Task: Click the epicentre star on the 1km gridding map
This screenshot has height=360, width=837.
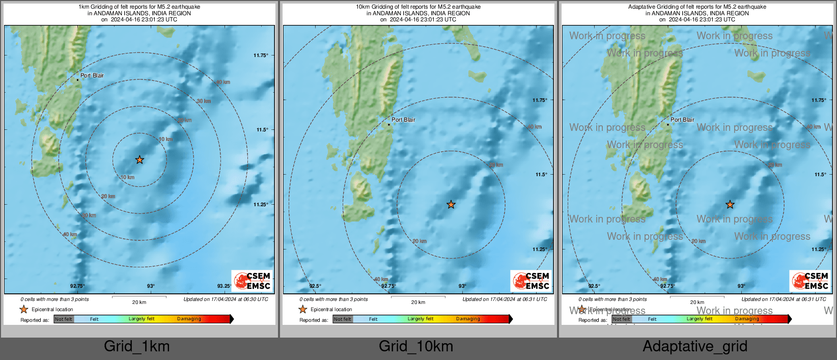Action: point(139,160)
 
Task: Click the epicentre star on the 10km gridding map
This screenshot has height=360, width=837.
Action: point(451,205)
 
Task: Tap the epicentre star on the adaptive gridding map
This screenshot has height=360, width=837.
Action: point(730,205)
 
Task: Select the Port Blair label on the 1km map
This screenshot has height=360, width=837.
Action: point(92,75)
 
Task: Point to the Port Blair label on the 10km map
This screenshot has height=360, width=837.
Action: point(403,120)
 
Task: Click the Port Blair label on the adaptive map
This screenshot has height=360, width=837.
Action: point(682,120)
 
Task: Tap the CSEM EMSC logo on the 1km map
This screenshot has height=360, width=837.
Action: point(253,281)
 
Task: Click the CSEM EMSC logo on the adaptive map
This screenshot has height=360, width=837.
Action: point(811,281)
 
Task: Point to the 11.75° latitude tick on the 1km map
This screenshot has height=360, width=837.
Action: point(261,56)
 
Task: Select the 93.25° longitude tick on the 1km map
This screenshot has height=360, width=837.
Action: point(224,286)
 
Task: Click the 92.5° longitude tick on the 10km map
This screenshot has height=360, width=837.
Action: point(315,286)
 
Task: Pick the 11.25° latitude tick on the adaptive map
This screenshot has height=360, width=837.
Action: point(819,250)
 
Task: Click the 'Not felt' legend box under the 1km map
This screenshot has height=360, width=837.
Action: point(64,319)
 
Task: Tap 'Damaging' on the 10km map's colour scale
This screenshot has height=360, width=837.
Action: point(468,319)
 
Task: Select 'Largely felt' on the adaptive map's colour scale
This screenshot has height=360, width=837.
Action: point(700,319)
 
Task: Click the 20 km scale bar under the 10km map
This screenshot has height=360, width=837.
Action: point(418,297)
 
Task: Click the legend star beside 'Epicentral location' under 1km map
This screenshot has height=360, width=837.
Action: point(24,309)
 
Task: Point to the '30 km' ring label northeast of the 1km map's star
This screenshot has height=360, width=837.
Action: point(204,101)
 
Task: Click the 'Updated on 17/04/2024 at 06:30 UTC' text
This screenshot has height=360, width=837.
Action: point(226,299)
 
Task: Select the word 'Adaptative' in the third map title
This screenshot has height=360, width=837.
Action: point(641,7)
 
